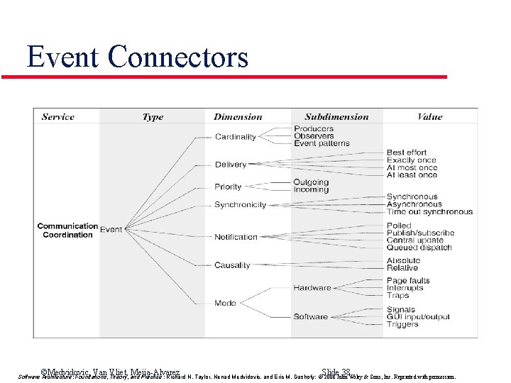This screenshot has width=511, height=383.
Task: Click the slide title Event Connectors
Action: pos(138,57)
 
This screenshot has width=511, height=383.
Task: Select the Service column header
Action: pos(59,117)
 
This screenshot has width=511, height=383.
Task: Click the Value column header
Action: pos(429,117)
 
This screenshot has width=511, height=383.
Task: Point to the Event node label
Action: pos(111,230)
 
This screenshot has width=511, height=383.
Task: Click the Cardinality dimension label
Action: pos(235,137)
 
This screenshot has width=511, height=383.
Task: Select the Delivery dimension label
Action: pos(231,165)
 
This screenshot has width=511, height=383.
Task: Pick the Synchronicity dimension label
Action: pos(240,205)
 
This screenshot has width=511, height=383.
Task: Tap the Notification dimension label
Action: pos(236,237)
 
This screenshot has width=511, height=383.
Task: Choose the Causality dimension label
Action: pos(232,265)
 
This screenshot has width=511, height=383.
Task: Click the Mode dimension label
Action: pos(225,303)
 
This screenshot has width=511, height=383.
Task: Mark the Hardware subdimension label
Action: pos(312,288)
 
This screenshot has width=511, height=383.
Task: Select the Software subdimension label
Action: pos(310,316)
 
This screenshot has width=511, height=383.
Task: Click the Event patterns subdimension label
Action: pos(322,144)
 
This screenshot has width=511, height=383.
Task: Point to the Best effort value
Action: pos(407,152)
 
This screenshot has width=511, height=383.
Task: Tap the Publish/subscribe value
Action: pos(420,233)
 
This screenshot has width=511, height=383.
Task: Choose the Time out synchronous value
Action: pos(429,212)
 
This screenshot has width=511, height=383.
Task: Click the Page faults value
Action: pos(408,281)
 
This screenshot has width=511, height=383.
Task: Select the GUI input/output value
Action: pos(418,317)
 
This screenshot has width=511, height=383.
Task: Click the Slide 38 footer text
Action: pos(336,372)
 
